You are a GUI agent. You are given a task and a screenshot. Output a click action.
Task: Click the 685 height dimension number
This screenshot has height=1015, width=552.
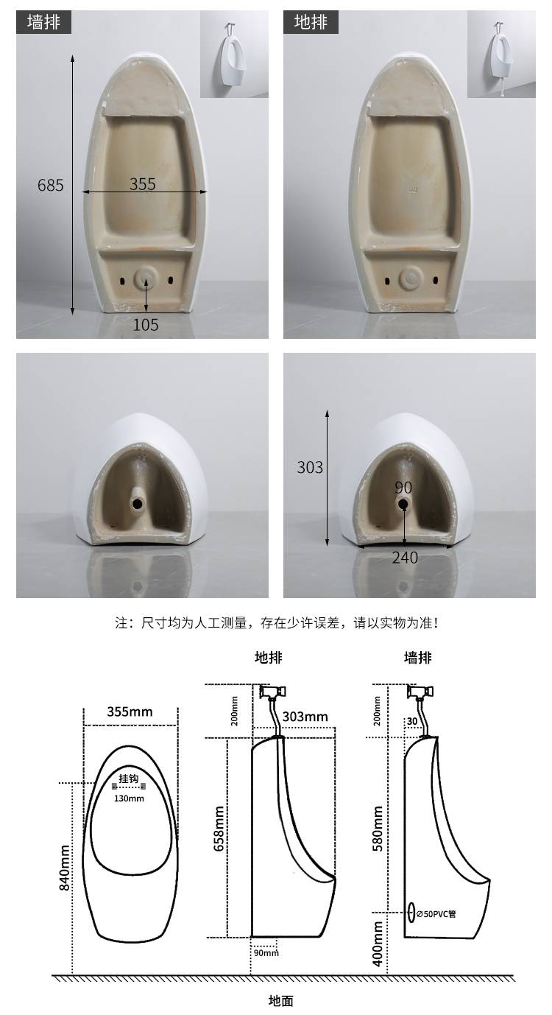coord(50,185)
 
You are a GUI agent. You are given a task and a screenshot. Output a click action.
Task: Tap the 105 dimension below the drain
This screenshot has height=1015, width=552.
coord(145,324)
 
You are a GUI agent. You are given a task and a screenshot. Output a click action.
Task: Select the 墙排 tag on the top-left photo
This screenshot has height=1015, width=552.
coord(43,22)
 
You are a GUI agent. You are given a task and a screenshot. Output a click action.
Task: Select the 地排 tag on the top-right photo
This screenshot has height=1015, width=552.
coord(311,22)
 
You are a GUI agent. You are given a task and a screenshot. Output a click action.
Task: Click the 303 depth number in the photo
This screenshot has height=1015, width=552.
coord(310,467)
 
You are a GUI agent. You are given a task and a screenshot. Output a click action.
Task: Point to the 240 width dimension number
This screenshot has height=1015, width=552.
coord(405,558)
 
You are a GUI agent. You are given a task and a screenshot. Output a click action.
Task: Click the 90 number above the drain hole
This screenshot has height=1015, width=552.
coord(403,488)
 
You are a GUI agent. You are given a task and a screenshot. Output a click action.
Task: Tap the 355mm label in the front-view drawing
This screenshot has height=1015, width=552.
coord(130,712)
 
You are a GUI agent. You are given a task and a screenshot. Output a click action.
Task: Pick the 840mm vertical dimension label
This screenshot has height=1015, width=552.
coord(65,868)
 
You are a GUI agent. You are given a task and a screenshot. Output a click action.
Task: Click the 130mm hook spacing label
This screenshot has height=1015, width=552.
coord(129,798)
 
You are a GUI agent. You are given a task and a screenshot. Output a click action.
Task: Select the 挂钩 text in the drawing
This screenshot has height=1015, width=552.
coord(129,779)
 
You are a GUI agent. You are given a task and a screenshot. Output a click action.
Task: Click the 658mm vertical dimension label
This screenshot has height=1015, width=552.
coord(219,829)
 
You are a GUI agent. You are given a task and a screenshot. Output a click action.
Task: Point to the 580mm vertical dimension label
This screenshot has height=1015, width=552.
coord(378,829)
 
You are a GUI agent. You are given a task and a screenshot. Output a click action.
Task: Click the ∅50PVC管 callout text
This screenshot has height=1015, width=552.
coord(436,914)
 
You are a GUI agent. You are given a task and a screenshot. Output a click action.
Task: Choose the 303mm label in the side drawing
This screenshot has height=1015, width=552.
coord(305,717)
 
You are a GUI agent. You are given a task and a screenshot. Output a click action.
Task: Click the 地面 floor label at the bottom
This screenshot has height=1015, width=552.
coord(281,1000)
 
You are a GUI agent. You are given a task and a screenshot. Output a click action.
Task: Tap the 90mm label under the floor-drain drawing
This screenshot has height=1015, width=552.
coord(266,953)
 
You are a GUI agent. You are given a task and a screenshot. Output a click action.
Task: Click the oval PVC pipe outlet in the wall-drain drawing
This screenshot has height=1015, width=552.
coord(411,912)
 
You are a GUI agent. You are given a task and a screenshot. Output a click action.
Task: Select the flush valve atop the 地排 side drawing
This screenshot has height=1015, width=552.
coord(273,692)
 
